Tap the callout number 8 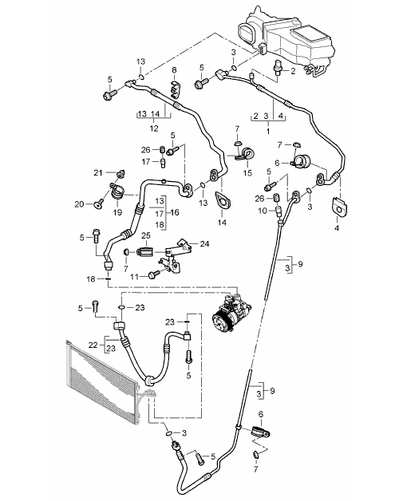pos(174,69)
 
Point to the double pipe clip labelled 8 pos(175,88)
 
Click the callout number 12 pos(154,128)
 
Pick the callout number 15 pos(247,173)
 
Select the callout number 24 pos(204,244)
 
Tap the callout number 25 pos(146,236)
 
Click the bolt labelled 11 pos(155,274)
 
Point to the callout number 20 pos(80,204)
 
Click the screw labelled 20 pos(99,203)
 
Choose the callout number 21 pos(98,173)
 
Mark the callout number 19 pos(117,212)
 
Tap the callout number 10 pos(263,211)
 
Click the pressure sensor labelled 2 pos(275,66)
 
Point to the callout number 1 pos(268,131)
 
